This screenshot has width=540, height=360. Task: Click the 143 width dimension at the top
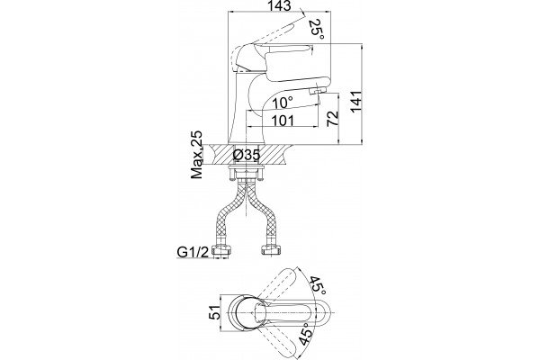point(279,6)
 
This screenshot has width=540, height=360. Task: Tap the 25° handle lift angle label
point(317,30)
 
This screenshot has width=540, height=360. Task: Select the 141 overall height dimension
point(355,102)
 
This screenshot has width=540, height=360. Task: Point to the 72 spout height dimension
point(332,119)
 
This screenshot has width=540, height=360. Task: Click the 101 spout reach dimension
point(283,121)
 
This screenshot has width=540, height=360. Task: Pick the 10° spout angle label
point(283,103)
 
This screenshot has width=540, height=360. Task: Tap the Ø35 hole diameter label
point(247,155)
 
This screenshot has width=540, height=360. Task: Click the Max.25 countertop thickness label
point(196,155)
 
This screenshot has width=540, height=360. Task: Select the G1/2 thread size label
point(193,253)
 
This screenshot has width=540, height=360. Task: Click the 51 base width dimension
point(214,313)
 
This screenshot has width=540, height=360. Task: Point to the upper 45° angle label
point(318,285)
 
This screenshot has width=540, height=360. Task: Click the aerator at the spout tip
point(318,91)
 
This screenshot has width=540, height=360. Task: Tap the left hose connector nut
point(221,250)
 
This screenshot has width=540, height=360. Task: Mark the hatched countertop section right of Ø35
point(274,155)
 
